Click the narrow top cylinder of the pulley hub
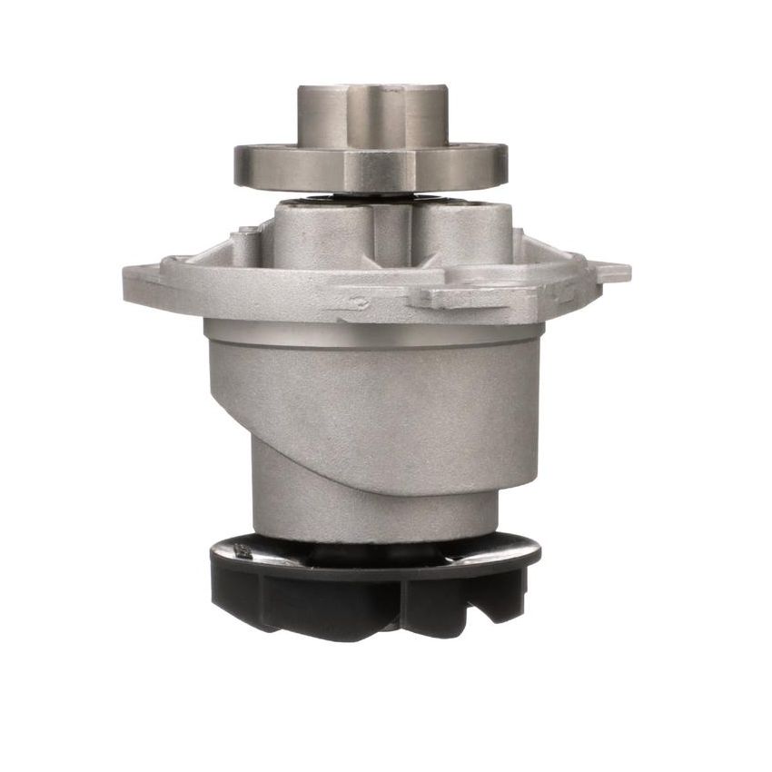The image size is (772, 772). tap(372, 114)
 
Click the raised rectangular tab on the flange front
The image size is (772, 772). tap(445, 296)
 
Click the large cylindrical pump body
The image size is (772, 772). tap(372, 409)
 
